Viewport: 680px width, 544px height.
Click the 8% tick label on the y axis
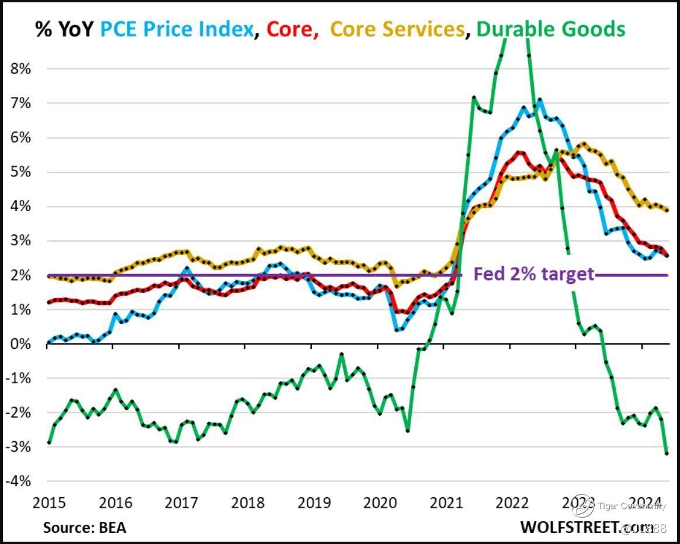click(20, 69)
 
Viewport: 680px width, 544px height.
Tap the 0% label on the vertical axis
click(20, 344)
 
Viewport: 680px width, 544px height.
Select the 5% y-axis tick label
click(20, 172)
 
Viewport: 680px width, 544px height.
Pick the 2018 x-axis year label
click(247, 503)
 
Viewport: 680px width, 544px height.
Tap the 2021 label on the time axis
click(445, 503)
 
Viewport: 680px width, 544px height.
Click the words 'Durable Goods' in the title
click(551, 29)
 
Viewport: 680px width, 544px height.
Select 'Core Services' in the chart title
click(397, 29)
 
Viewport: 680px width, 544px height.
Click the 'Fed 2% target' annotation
click(533, 273)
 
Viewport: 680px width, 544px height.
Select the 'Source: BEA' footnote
click(84, 527)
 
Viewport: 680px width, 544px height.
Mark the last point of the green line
click(667, 453)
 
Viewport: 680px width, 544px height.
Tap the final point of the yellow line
click(667, 210)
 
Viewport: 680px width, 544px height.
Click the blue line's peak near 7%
click(539, 100)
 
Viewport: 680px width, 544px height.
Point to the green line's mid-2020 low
click(407, 431)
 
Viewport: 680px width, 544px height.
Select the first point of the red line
click(49, 303)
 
